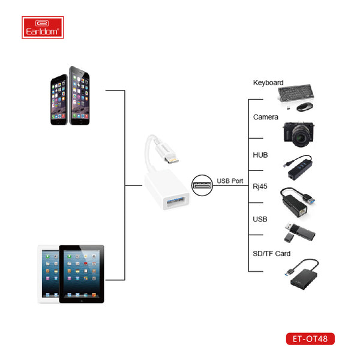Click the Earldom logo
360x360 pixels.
click(x=41, y=26)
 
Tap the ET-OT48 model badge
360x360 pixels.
click(x=310, y=339)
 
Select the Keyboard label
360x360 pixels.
click(x=268, y=83)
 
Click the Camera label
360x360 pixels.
click(x=265, y=117)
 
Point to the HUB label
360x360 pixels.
click(x=260, y=155)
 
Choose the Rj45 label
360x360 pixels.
click(x=260, y=187)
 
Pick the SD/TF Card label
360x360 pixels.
click(x=272, y=254)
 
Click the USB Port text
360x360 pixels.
click(x=230, y=181)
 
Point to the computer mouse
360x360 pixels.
click(x=306, y=106)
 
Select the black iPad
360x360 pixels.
click(x=82, y=273)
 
